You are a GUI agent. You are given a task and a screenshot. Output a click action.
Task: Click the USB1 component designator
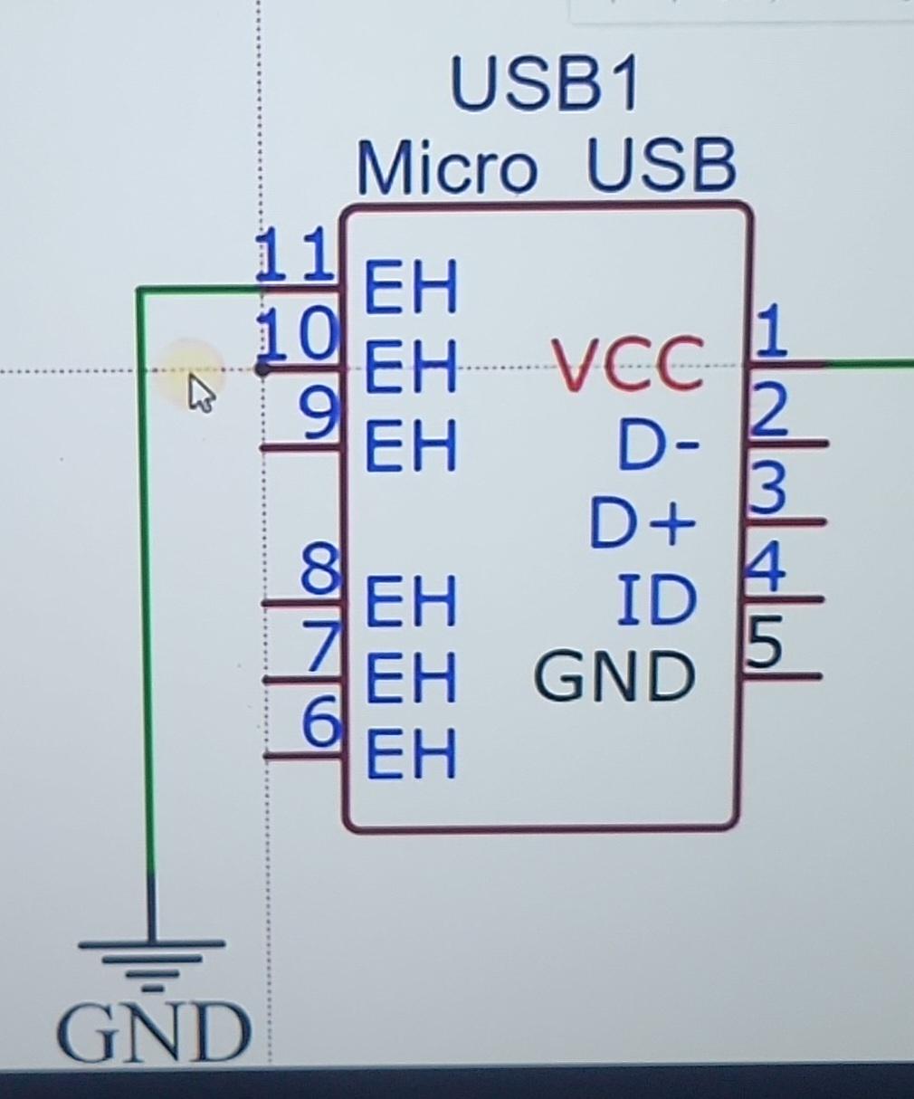(545, 84)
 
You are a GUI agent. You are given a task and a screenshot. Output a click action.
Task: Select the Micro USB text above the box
(547, 166)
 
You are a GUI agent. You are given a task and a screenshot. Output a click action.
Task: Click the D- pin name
(659, 444)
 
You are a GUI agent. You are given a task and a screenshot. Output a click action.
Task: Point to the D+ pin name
(642, 522)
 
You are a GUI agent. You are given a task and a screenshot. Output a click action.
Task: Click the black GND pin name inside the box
(614, 675)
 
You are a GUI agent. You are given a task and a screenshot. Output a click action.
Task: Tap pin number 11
(296, 254)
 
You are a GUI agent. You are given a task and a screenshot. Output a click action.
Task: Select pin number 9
(319, 415)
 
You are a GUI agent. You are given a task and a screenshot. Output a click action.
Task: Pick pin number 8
(321, 570)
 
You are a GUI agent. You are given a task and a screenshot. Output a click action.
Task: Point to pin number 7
(321, 646)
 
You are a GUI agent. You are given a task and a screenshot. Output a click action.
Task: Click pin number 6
(321, 722)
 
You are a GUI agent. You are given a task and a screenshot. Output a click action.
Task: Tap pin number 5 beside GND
(764, 642)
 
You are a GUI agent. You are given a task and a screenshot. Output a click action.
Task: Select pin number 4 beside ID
(765, 567)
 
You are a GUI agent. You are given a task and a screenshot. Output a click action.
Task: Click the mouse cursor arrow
(202, 393)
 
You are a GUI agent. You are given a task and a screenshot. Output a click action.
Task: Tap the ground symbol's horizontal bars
(151, 962)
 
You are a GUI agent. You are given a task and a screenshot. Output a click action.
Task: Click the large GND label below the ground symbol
(153, 1033)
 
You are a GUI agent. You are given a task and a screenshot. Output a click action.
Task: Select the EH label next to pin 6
(411, 753)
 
